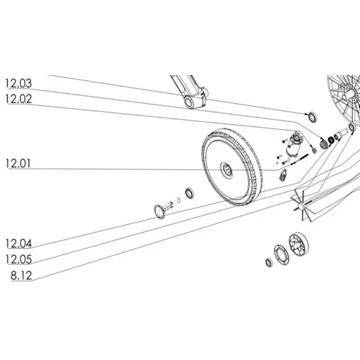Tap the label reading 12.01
[x=19, y=163]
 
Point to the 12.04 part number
[x=19, y=244]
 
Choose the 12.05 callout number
[x=19, y=260]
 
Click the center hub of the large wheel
[x=229, y=169]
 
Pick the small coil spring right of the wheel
[x=283, y=175]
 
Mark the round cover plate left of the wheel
[x=159, y=211]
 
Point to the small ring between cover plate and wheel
[x=190, y=193]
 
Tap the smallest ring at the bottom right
[x=267, y=262]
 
